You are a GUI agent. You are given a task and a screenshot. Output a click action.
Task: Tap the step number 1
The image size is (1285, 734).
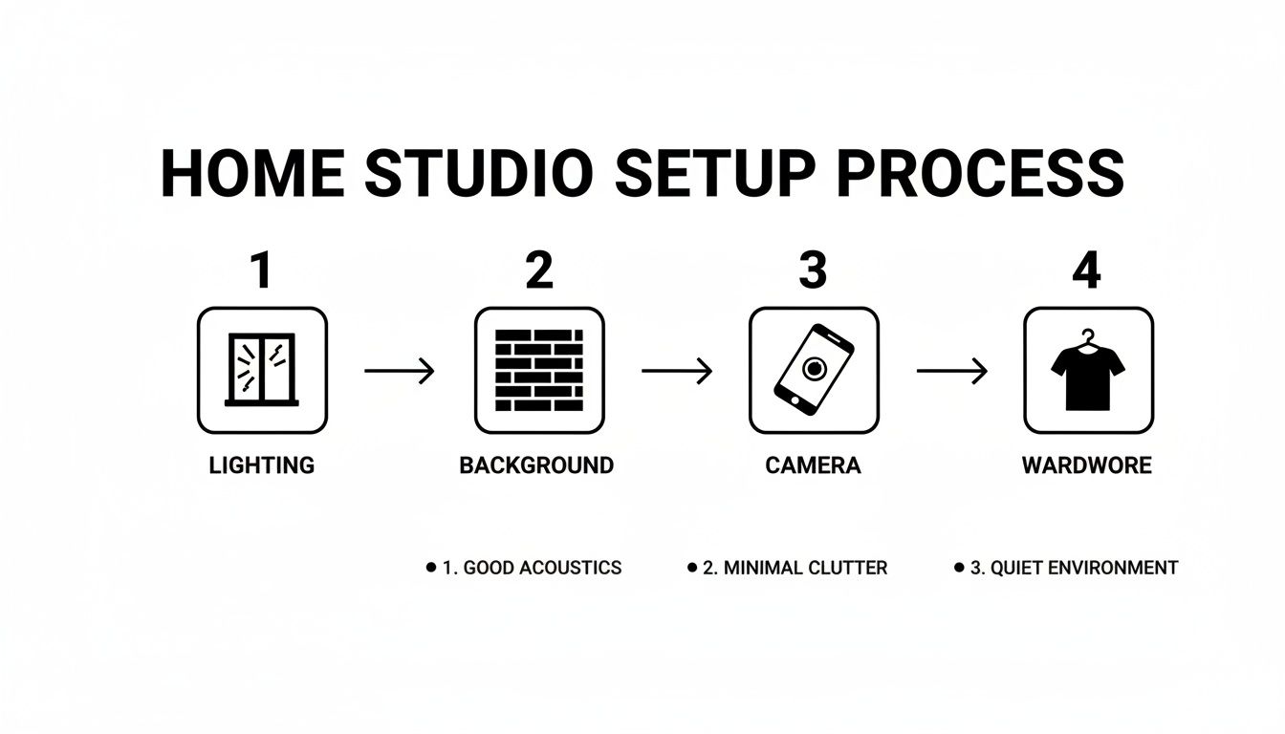260,270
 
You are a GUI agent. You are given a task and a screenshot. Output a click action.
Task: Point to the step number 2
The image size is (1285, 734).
539,270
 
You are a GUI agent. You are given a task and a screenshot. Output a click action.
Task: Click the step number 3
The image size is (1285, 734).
813,270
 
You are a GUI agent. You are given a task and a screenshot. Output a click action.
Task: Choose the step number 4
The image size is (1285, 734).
1086,270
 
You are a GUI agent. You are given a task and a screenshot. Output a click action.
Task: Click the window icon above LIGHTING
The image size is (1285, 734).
261,370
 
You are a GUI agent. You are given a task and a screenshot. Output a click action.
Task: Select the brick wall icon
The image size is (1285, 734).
539,370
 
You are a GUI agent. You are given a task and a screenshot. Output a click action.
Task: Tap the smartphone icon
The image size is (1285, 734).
814,370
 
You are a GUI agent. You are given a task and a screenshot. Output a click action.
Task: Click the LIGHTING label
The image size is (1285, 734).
261,465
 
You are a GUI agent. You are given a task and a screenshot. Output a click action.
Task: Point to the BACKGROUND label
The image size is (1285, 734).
536,465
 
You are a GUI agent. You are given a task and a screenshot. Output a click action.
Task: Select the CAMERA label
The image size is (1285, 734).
813,465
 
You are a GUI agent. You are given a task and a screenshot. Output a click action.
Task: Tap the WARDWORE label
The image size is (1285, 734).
1087,465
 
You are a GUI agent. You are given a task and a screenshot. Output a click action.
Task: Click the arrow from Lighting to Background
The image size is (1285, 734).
400,370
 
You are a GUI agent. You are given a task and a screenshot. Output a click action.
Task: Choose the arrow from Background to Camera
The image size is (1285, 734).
677,370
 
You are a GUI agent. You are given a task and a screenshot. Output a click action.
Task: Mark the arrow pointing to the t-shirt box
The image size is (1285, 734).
951,370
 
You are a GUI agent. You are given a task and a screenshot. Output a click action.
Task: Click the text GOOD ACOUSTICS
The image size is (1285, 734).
542,568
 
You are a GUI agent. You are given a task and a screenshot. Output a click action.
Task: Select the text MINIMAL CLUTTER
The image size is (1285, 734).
805,568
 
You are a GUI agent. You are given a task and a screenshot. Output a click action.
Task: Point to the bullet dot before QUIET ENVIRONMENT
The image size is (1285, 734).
959,568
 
